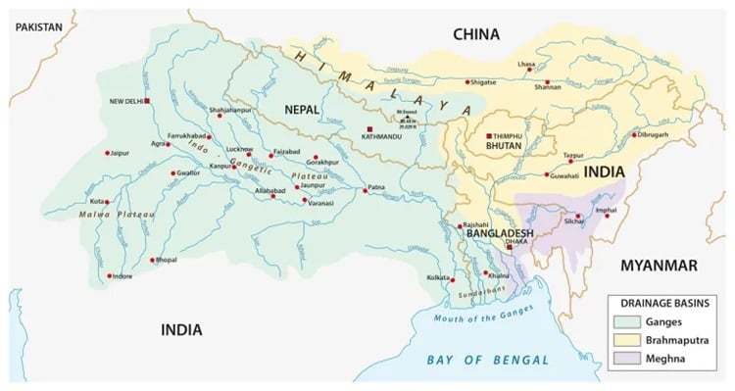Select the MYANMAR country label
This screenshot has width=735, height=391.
[x=658, y=266]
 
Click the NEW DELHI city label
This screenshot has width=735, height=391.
[x=126, y=101]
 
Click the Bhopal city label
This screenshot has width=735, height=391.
[x=165, y=261]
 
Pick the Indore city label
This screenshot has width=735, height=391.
[x=122, y=276]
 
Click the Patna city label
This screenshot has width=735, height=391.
[x=377, y=186]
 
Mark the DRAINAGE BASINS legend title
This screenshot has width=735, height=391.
[x=661, y=302]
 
